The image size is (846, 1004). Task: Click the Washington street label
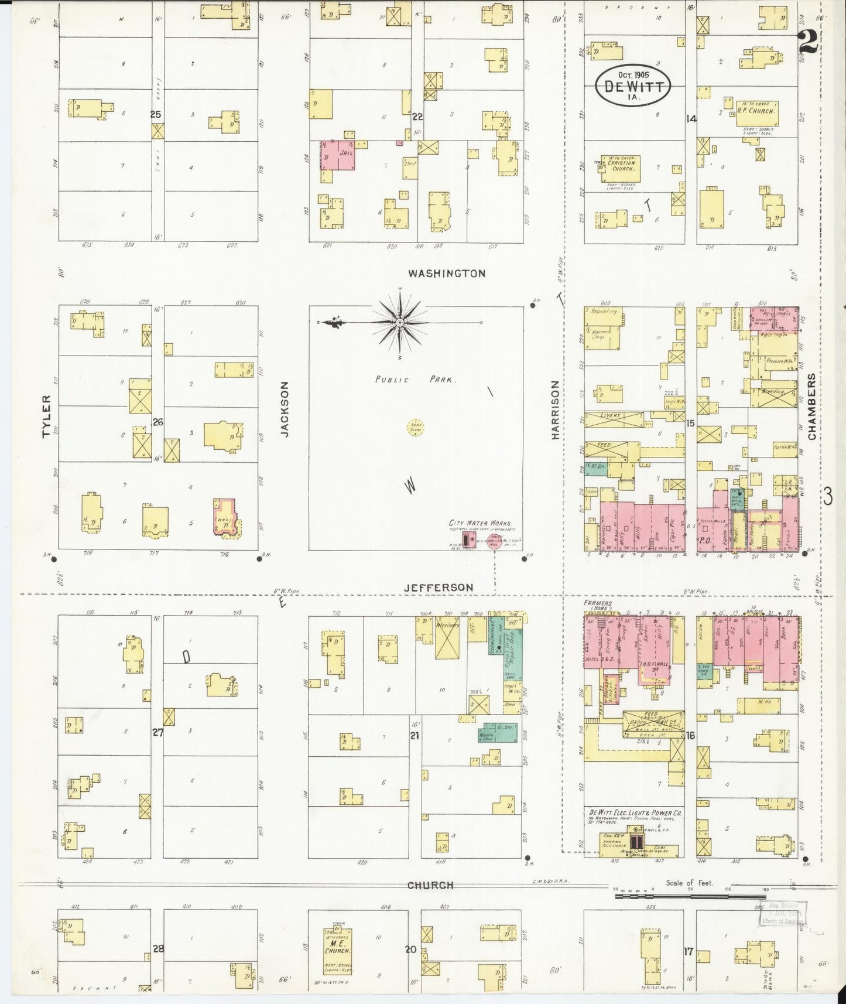click(x=447, y=273)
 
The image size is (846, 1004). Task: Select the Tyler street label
click(x=47, y=416)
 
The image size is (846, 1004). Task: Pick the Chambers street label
click(x=811, y=407)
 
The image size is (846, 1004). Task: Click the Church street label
click(x=430, y=885)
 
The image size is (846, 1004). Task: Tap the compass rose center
click(x=400, y=323)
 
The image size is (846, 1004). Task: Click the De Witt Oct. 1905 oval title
click(x=633, y=86)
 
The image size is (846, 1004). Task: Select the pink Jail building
click(x=337, y=155)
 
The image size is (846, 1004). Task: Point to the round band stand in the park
click(x=416, y=428)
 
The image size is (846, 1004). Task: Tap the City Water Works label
click(x=480, y=523)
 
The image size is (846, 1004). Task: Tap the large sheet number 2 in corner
click(x=808, y=42)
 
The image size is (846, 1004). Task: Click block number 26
click(x=157, y=422)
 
